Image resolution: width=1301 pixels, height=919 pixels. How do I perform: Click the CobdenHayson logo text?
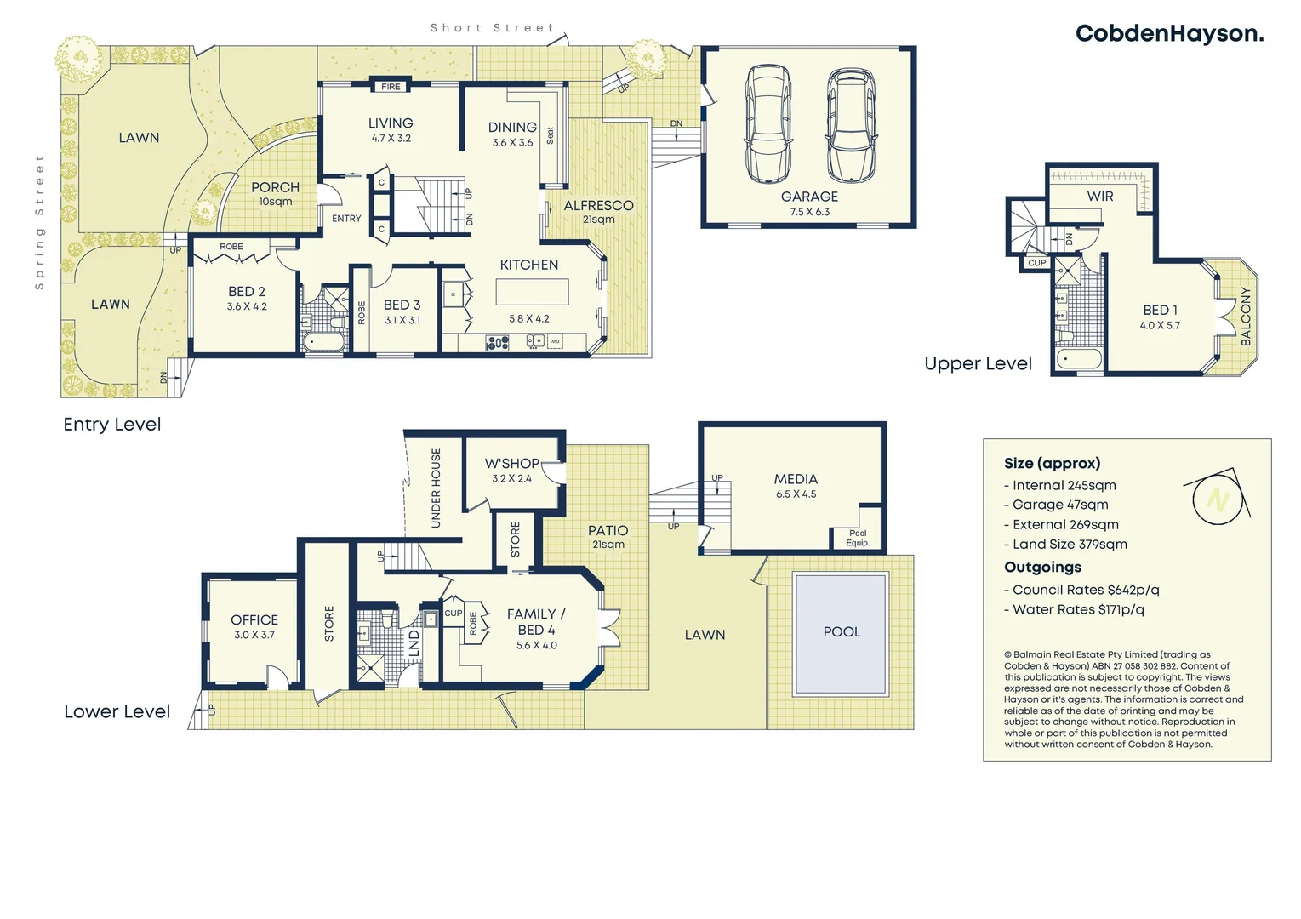[x=1169, y=34]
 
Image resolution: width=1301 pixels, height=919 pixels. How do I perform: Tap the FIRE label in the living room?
[x=391, y=87]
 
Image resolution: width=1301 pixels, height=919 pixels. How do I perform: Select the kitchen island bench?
[x=532, y=292]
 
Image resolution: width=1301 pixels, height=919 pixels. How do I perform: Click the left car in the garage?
[x=767, y=123]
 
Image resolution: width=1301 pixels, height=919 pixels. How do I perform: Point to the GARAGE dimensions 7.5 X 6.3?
[x=809, y=212]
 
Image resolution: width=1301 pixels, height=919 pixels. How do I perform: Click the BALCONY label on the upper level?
[x=1246, y=316]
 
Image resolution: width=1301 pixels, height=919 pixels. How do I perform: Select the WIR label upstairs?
[x=1099, y=197]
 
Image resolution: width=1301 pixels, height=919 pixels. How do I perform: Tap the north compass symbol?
[x=1217, y=499]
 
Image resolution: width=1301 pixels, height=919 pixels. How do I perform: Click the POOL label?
[x=842, y=632]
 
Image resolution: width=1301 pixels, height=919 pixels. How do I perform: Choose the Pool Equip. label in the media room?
[x=857, y=538]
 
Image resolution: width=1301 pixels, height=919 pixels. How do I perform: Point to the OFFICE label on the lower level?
[x=254, y=620]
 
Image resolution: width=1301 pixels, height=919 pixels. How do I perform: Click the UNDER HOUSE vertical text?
[x=436, y=488]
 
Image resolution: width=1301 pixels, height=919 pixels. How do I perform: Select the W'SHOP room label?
[x=511, y=464]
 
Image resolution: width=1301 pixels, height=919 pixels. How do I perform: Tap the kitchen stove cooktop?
[x=497, y=343]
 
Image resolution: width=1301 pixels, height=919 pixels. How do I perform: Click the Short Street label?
[x=492, y=28]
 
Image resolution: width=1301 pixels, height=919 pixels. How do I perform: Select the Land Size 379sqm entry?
[x=1065, y=545]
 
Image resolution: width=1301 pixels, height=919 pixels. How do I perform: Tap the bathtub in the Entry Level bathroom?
[x=323, y=343]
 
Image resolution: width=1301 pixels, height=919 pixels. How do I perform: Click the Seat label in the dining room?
[x=551, y=135]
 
